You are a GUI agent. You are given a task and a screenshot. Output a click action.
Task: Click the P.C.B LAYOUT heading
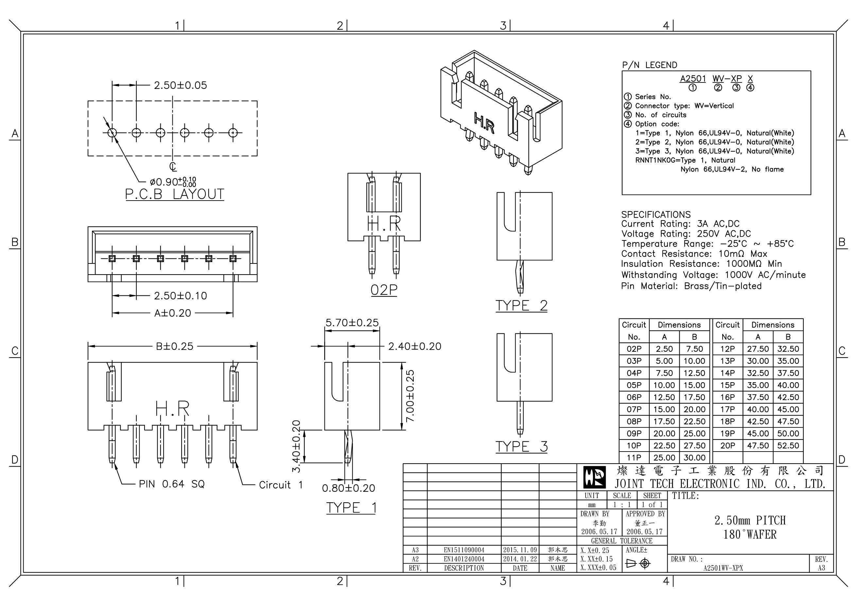point(174,194)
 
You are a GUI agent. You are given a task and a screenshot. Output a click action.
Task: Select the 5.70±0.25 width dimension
point(352,323)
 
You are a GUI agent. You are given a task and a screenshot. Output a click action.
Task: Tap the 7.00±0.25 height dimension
point(410,396)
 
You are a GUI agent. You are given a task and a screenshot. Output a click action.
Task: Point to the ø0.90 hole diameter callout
point(172,182)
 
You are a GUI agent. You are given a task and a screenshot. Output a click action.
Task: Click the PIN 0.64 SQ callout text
point(172,484)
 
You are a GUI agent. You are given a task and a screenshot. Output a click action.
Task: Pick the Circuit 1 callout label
point(281,485)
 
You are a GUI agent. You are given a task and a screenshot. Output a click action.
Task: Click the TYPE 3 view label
point(521,447)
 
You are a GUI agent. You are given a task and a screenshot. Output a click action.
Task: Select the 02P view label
point(384,290)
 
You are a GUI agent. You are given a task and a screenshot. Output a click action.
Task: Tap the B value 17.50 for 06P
point(694,397)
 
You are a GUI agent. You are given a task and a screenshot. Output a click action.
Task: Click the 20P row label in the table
point(727,445)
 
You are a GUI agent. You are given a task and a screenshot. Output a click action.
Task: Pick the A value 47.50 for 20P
point(758,445)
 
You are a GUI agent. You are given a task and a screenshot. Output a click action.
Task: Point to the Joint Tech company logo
point(595,477)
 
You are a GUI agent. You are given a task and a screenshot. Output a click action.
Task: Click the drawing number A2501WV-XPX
point(723,568)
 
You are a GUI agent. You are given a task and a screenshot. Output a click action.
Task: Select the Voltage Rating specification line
point(686,234)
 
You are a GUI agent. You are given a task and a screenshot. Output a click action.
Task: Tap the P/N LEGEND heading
point(650,65)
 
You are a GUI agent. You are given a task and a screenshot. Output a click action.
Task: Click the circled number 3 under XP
point(736,88)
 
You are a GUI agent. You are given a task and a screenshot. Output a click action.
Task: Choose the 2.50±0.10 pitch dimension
point(180,296)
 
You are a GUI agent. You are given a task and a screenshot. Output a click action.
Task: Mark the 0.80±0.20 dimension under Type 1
point(348,488)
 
